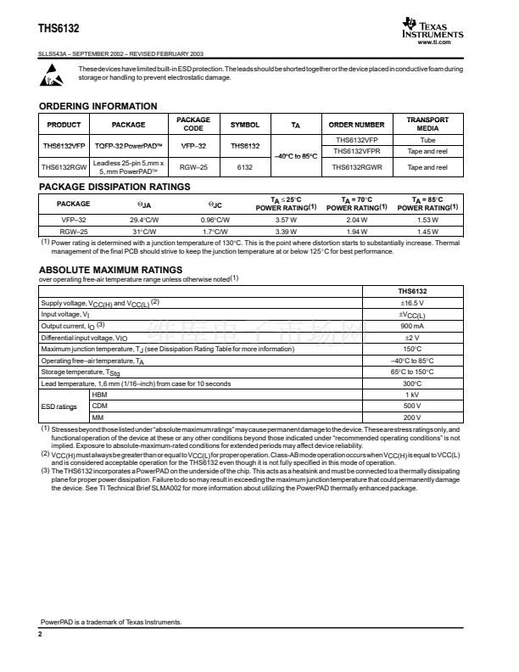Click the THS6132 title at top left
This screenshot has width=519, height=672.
coord(59,29)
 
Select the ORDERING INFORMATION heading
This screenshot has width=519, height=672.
coord(98,106)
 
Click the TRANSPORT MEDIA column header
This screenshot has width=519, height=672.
coord(427,124)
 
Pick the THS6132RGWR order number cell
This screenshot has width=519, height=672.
coord(357,167)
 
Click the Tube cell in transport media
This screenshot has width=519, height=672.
coord(427,139)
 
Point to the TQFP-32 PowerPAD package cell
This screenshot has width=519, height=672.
coord(128,145)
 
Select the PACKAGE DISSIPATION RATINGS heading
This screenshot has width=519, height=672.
coord(114,187)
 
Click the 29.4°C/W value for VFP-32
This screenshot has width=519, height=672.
coord(145,219)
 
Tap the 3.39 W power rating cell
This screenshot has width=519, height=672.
coord(287,230)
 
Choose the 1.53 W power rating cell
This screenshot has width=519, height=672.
coord(427,219)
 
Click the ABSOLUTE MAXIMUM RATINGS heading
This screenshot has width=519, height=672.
coord(111,270)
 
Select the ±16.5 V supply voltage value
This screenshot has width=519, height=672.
coord(412,302)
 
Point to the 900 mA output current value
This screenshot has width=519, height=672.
coord(412,325)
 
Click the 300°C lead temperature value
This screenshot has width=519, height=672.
coord(412,384)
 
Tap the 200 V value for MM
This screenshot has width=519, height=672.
coord(412,417)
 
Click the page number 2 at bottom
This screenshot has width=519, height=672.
coord(40,634)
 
